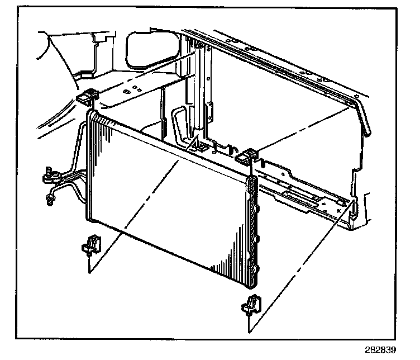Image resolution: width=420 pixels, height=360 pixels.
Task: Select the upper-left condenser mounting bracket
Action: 85,100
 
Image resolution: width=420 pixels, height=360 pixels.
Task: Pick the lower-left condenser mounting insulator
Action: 90,244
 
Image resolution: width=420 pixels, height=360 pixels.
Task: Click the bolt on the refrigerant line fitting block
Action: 49,169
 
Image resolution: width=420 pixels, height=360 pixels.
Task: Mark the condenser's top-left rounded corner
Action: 93,115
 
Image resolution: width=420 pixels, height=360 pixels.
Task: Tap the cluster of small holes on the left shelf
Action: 131,89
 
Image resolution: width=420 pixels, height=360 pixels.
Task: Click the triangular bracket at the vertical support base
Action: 198,147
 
